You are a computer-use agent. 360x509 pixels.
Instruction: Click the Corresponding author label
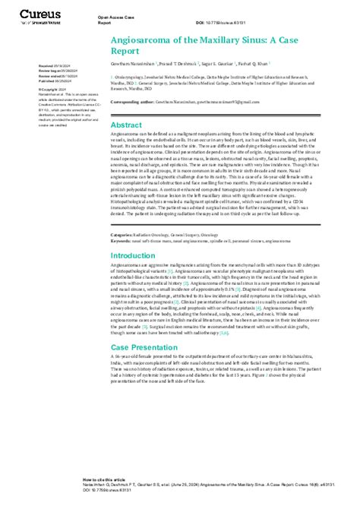pos(130,100)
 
